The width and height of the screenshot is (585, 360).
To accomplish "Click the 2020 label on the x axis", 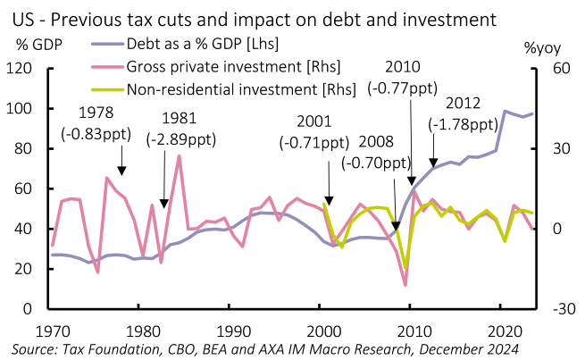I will pos(501,328).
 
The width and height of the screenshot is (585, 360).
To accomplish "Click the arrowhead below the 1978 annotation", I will pos(121,172).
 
